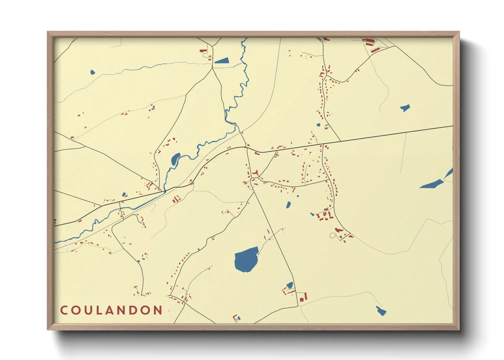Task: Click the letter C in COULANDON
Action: (x=64, y=310)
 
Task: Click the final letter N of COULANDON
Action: (x=158, y=310)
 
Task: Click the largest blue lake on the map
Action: (x=246, y=260)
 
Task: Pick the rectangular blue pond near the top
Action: (x=222, y=61)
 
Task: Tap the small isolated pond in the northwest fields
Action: (x=92, y=72)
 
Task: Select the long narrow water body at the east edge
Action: (x=432, y=184)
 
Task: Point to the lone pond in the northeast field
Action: (x=405, y=108)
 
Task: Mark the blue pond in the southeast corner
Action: (x=381, y=311)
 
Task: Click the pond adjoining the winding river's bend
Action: (x=175, y=159)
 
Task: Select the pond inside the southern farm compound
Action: (x=290, y=285)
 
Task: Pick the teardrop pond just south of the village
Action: (x=288, y=204)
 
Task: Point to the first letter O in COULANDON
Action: (x=75, y=310)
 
